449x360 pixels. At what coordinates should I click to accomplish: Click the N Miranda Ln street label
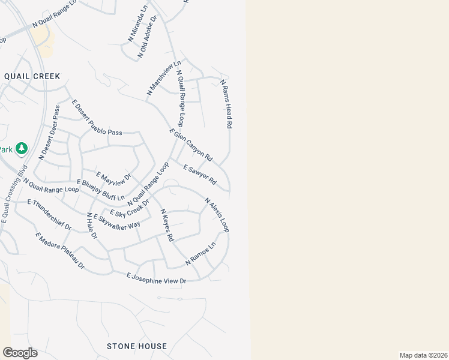pyautogui.click(x=137, y=25)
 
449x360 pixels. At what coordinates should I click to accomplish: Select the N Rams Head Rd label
pyautogui.click(x=226, y=104)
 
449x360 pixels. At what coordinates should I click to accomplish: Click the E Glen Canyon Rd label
pyautogui.click(x=191, y=145)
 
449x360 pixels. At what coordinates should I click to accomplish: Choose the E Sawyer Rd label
pyautogui.click(x=199, y=175)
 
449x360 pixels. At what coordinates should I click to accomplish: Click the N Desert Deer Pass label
pyautogui.click(x=49, y=133)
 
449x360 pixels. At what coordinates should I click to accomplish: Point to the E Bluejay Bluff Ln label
pyautogui.click(x=101, y=190)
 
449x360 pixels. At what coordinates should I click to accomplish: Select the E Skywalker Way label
pyautogui.click(x=116, y=219)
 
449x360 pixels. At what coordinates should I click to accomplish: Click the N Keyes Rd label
pyautogui.click(x=167, y=225)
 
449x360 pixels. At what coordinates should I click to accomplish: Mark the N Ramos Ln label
pyautogui.click(x=200, y=254)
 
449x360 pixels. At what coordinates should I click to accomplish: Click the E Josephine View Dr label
pyautogui.click(x=157, y=278)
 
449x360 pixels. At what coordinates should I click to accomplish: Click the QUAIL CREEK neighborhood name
pyautogui.click(x=32, y=76)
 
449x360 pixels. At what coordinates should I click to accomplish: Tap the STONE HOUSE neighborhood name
pyautogui.click(x=137, y=346)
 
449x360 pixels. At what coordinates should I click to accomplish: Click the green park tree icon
pyautogui.click(x=22, y=148)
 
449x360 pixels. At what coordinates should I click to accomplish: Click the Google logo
pyautogui.click(x=20, y=353)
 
